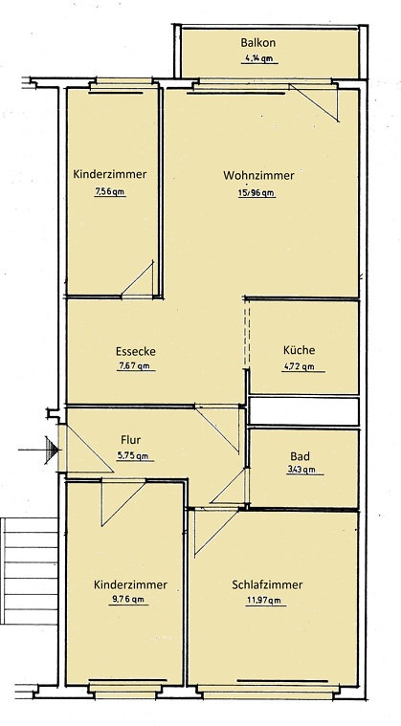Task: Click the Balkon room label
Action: [258, 43]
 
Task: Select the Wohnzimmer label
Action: [258, 176]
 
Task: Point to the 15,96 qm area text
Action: [258, 192]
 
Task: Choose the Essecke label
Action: [135, 351]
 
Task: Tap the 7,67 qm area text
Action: [135, 366]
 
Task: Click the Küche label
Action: [299, 350]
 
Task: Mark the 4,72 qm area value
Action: [299, 366]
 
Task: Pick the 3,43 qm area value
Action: [305, 470]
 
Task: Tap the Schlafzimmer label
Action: [267, 584]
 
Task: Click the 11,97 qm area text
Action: [267, 601]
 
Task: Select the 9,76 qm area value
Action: [126, 601]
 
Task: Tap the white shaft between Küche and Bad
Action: [303, 412]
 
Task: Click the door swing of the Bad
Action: [231, 488]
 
